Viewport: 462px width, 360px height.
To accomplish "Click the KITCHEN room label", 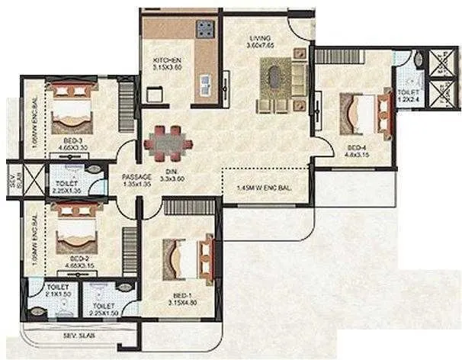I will [x=166, y=60].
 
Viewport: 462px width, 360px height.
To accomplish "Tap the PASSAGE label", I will [x=136, y=178].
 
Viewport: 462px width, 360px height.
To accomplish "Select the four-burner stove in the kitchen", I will [x=205, y=30].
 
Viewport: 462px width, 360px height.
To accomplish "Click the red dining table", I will [x=170, y=141].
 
